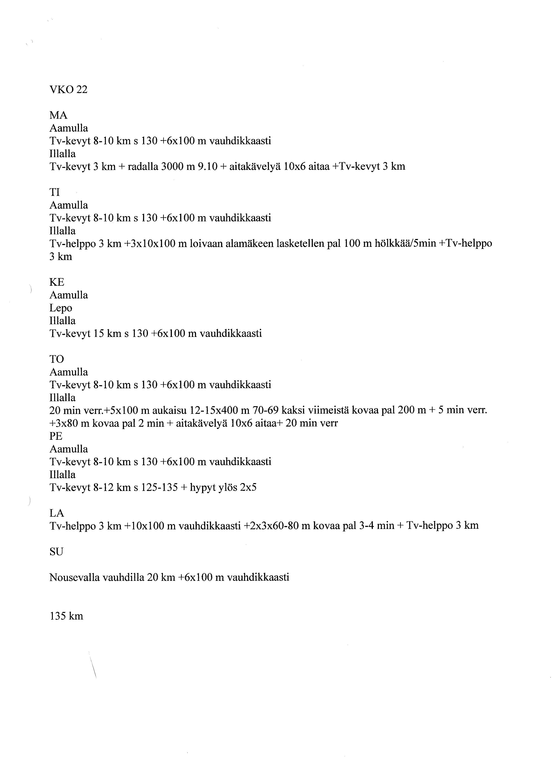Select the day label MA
58,115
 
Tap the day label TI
55,192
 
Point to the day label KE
57,282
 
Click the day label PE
56,436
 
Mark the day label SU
56,552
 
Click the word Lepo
61,308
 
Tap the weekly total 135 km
66,616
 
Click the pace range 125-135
158,487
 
